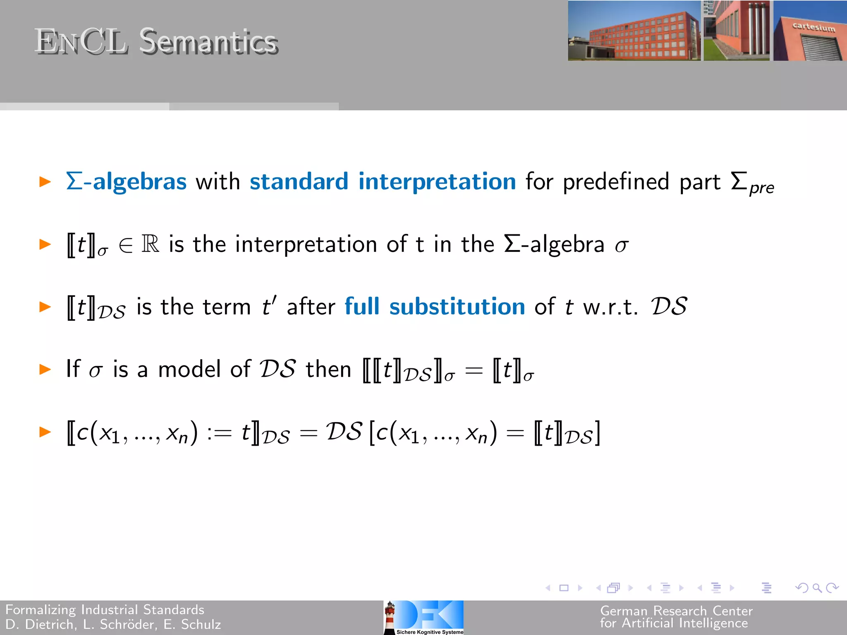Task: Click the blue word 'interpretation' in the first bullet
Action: (x=437, y=181)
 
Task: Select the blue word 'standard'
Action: (x=299, y=181)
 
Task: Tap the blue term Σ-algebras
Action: (x=127, y=181)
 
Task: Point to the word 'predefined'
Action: (x=616, y=181)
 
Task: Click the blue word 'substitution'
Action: (x=457, y=306)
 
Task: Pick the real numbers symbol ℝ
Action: (x=150, y=244)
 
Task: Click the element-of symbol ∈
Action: (x=126, y=245)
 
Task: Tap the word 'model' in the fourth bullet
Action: (x=190, y=369)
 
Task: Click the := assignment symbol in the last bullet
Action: (x=219, y=433)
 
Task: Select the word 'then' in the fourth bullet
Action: (x=328, y=369)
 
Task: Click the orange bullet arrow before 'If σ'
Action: (x=45, y=369)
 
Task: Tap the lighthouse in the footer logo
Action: (x=390, y=617)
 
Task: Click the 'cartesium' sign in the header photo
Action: (x=814, y=27)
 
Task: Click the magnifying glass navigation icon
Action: (x=817, y=587)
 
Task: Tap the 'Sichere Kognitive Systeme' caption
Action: (x=430, y=632)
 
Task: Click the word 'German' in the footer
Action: (x=624, y=611)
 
